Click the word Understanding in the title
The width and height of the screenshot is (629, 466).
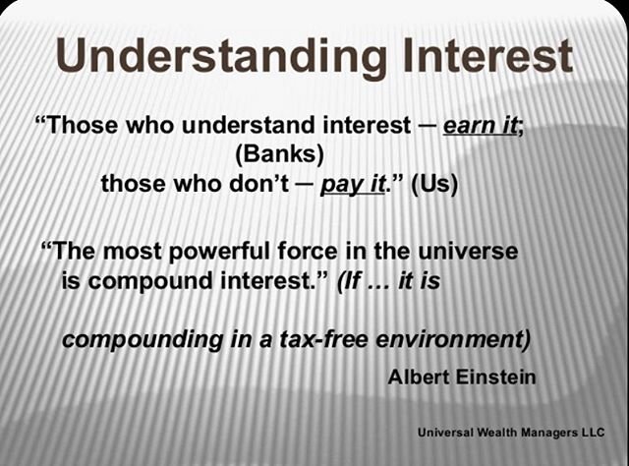(221, 56)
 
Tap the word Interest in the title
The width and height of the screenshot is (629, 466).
(487, 54)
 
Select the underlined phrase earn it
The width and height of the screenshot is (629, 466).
(480, 126)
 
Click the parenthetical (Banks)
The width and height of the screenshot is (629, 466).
(279, 154)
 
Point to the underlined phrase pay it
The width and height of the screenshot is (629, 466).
(353, 185)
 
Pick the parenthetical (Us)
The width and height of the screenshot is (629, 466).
(434, 184)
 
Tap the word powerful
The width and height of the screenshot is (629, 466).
(219, 253)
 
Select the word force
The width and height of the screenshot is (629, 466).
(308, 252)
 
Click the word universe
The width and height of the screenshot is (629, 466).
(468, 252)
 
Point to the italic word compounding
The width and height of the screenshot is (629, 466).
(142, 340)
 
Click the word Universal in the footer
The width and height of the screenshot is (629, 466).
(444, 433)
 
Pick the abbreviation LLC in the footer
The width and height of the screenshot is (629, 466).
(593, 433)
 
